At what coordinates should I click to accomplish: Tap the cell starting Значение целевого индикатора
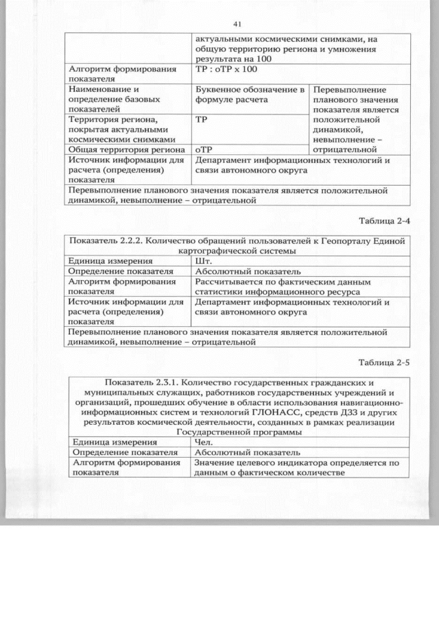point(296,468)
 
